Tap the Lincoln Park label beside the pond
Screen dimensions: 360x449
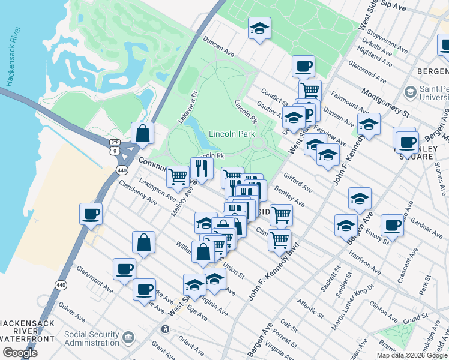(232, 134)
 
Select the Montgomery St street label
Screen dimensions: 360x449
(385, 103)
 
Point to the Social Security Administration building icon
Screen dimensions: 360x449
(128, 338)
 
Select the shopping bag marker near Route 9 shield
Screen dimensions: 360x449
(142, 134)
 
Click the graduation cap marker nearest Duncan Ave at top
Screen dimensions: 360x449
(259, 29)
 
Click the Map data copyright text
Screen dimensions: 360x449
(411, 355)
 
